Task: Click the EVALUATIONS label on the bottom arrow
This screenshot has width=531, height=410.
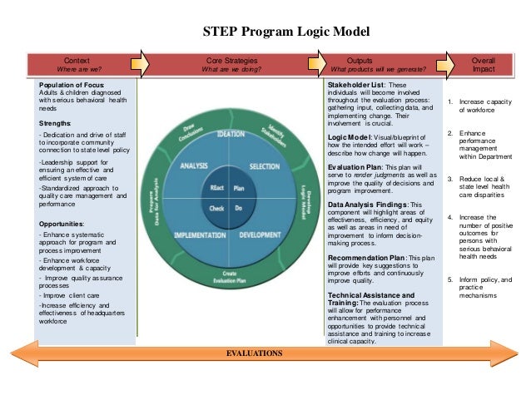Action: tap(254, 353)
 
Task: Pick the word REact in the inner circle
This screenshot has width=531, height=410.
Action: tap(217, 188)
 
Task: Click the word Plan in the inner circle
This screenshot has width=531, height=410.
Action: tap(239, 188)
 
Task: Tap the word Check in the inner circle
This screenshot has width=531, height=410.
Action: tap(217, 208)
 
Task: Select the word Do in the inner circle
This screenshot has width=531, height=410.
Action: tap(239, 208)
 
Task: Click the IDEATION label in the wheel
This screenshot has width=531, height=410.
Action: tap(230, 134)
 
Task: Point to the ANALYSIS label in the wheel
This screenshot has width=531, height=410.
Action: tap(193, 166)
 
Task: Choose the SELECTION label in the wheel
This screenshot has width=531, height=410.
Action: tap(264, 166)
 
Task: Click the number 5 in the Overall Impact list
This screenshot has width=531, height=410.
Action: tap(450, 279)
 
